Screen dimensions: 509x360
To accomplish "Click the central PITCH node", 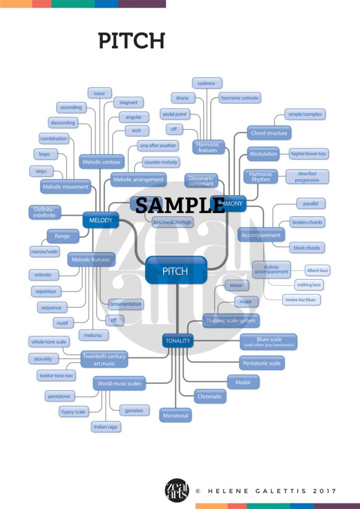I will [176, 270].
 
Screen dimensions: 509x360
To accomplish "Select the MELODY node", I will [100, 220].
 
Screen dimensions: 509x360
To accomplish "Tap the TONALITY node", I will [177, 340].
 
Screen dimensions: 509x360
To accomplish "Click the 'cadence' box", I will [206, 83].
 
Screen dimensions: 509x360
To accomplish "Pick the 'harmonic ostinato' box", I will [240, 98].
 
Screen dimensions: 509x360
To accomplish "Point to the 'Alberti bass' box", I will [317, 270].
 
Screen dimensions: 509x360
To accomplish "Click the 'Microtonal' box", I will [176, 415].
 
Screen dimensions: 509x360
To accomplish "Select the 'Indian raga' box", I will [106, 426].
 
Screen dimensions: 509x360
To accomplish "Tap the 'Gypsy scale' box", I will [73, 412].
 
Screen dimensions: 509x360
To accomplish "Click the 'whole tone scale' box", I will [48, 342].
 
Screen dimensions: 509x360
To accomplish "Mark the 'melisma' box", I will [92, 335].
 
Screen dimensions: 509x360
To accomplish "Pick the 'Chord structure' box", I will [269, 133].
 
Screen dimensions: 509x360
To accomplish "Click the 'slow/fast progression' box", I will [307, 176].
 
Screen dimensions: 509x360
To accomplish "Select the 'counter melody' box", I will [160, 163].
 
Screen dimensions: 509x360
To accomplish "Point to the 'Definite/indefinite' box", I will [44, 213].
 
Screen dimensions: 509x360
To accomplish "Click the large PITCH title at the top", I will [131, 40].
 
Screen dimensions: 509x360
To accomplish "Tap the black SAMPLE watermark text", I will [180, 204].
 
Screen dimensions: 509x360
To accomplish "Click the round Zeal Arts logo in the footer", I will [177, 491].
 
